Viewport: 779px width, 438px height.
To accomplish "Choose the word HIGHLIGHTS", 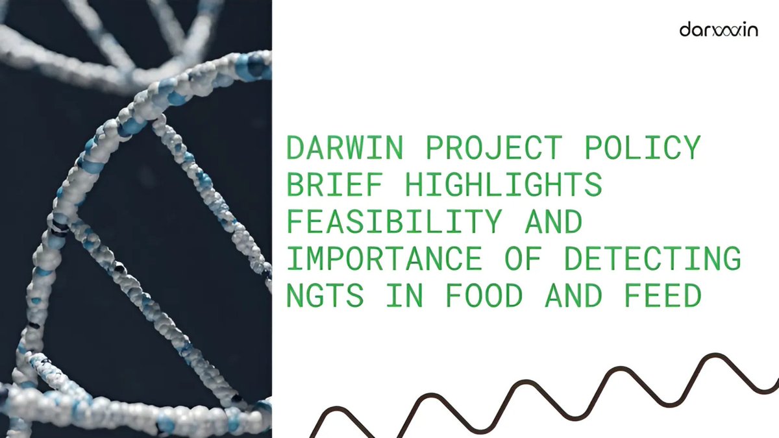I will pos(504,186).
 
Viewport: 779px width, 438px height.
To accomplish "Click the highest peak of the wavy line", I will pos(715,356).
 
